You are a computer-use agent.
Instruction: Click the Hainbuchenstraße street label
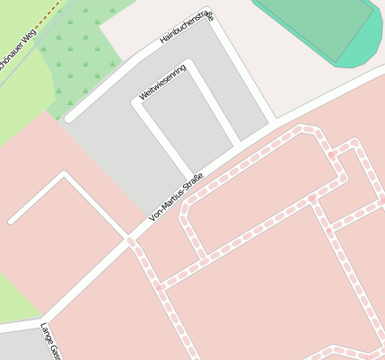coord(186,28)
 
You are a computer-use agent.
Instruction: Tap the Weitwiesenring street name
coord(162,82)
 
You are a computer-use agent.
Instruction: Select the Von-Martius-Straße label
coord(177,198)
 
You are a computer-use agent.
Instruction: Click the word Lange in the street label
coord(46,336)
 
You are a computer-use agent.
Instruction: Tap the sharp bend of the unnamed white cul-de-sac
coord(64,174)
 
